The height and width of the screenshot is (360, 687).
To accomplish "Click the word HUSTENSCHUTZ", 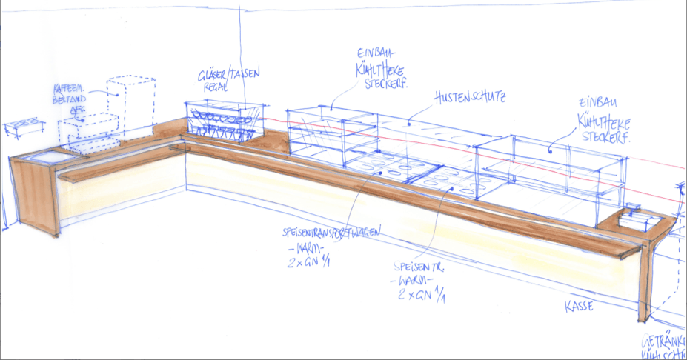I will pos(469,96).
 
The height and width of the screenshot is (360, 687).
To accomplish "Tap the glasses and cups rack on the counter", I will pos(222,121).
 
